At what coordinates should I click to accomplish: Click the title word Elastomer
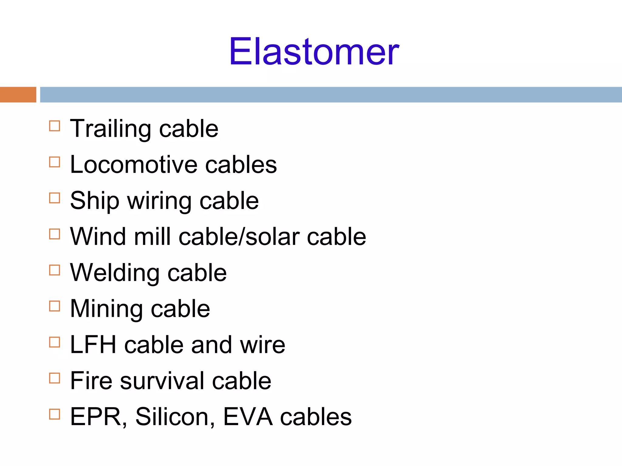314,52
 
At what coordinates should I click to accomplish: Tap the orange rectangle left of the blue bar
18,95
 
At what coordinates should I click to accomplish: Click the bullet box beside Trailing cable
55,126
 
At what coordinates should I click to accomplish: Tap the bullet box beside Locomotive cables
55,162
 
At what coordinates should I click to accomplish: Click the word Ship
94,201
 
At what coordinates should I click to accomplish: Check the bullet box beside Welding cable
55,270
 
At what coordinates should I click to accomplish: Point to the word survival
162,381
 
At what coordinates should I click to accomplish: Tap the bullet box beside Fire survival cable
55,378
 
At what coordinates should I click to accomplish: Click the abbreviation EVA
248,417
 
